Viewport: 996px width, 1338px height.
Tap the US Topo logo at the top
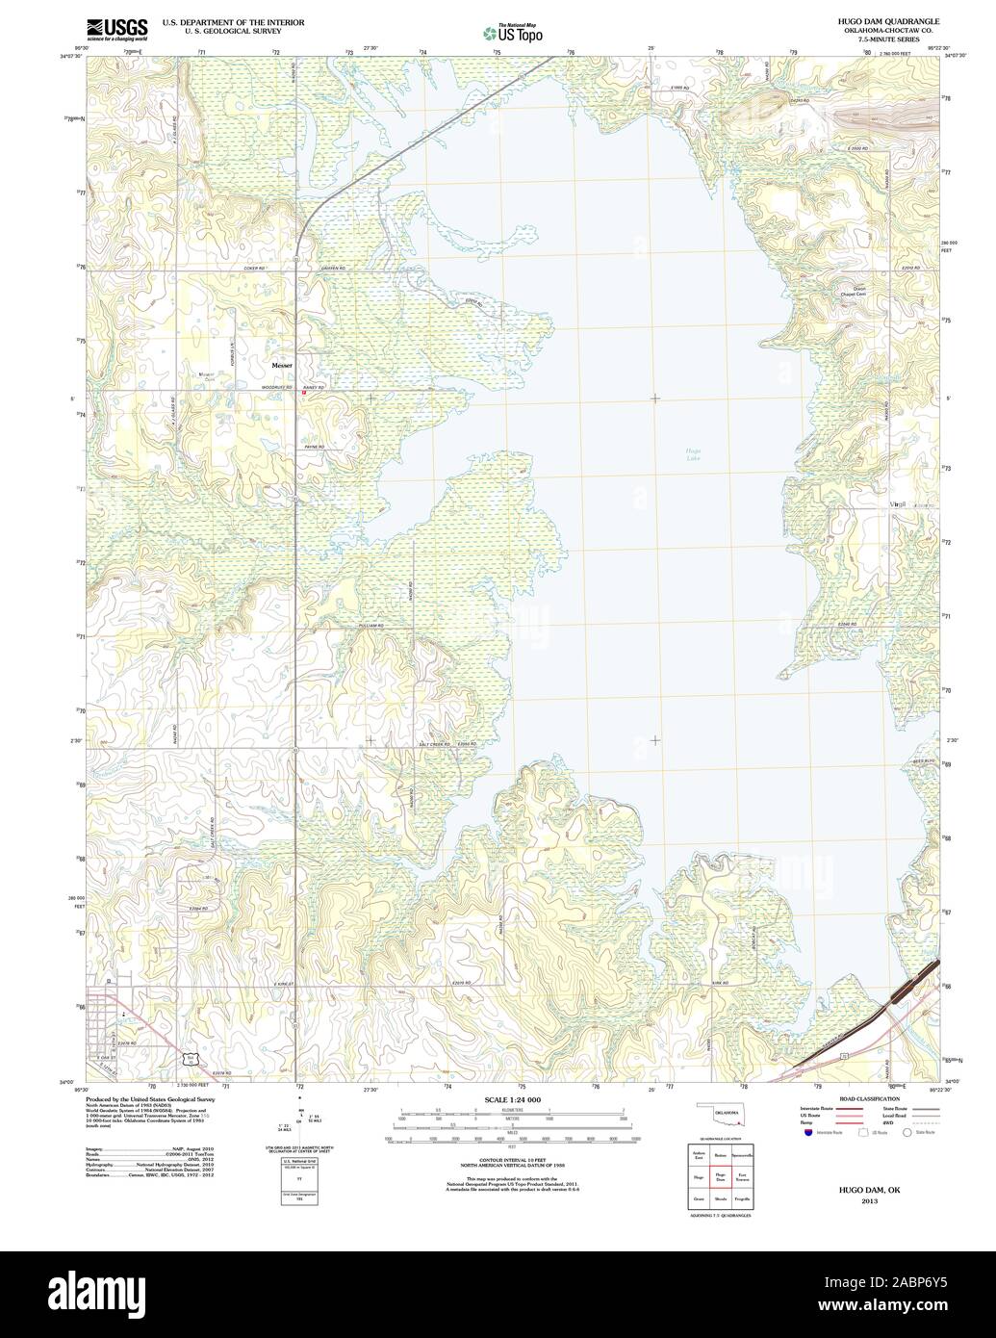pos(512,33)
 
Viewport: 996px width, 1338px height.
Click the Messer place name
pos(281,366)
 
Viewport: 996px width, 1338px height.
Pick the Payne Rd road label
pos(315,448)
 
